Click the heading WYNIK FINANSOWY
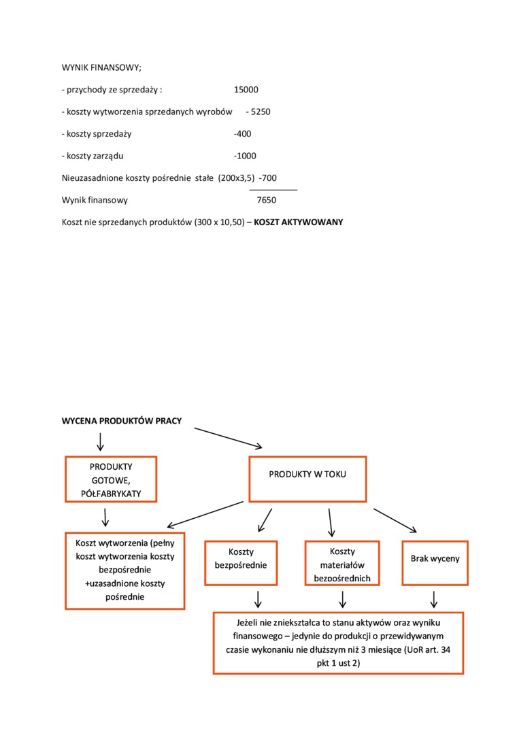point(101,67)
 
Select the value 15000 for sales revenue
point(246,90)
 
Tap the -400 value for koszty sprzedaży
point(242,134)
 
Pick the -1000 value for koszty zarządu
point(245,156)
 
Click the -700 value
point(267,178)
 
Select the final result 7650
point(267,201)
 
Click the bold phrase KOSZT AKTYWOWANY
point(299,222)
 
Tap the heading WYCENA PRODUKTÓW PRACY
point(122,421)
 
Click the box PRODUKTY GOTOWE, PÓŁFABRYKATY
point(111,479)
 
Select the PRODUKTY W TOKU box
point(307,474)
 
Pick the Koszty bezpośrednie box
point(241,562)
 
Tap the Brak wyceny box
point(435,562)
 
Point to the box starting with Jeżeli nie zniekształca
point(338,643)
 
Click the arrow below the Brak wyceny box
point(434,599)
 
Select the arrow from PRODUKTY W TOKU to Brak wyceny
point(395,520)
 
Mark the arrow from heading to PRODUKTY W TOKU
point(228,438)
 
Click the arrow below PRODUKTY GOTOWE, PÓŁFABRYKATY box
point(105,517)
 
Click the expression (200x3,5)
point(236,178)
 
